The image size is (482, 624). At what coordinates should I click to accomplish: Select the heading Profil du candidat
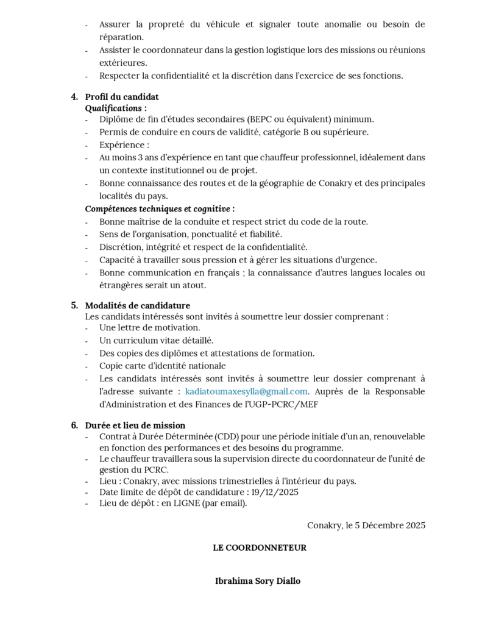[x=122, y=96]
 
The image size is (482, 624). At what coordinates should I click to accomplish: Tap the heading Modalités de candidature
[x=137, y=305]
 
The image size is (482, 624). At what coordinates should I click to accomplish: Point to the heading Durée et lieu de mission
[x=135, y=425]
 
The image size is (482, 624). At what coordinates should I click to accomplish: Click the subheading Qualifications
[x=115, y=108]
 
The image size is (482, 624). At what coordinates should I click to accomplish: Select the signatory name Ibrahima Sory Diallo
[x=258, y=581]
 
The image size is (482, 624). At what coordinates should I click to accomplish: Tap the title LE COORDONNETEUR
[x=260, y=548]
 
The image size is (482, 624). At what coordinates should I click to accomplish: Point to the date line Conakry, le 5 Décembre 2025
[x=366, y=525]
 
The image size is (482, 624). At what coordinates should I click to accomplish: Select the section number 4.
[x=74, y=96]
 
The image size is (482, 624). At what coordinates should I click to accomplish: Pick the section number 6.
[x=74, y=425]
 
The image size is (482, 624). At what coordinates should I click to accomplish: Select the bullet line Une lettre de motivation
[x=149, y=328]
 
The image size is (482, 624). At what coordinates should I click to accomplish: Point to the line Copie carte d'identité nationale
[x=162, y=366]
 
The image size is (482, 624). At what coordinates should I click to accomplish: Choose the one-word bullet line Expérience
[x=124, y=145]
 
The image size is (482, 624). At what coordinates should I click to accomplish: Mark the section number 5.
[x=74, y=305]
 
